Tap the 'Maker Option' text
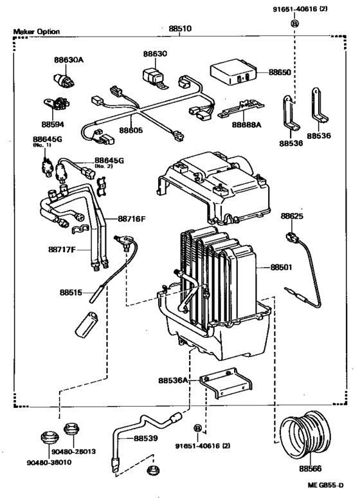coord(37,32)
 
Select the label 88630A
coord(68,60)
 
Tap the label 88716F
coord(132,219)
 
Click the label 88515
coord(71,291)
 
